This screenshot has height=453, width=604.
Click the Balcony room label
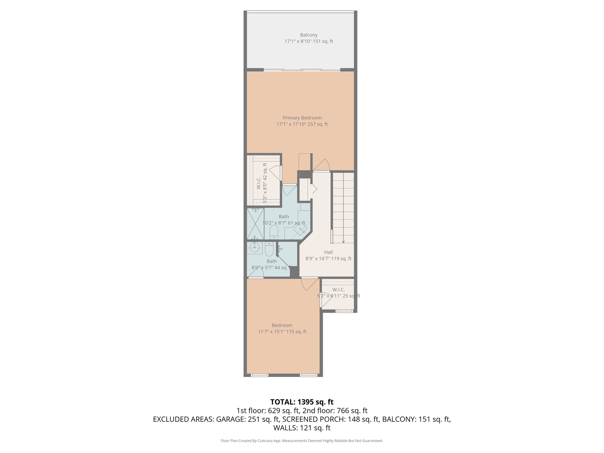pos(308,35)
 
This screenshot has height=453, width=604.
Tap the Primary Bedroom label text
pos(302,118)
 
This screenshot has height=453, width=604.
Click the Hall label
pos(328,252)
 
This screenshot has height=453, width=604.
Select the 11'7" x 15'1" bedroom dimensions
pos(282,331)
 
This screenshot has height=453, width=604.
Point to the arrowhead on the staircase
pos(343,242)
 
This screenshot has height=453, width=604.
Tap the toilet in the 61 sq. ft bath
pos(274,232)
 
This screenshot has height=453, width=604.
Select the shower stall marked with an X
pos(255,224)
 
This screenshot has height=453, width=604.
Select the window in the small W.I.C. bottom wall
pos(344,311)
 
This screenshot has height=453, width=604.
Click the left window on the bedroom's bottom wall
pos(260,375)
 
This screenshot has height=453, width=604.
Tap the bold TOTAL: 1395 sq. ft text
pos(302,402)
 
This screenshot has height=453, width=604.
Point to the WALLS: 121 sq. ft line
pos(302,428)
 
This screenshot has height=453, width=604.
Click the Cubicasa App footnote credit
pos(302,441)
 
